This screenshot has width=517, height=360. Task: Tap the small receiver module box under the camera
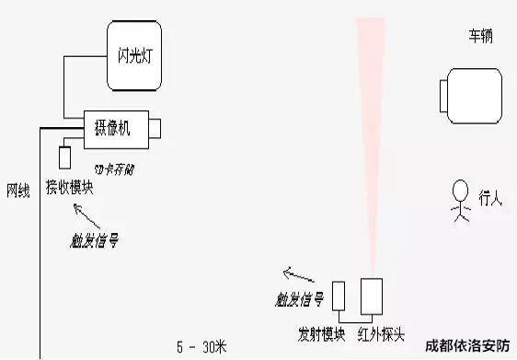click(66, 157)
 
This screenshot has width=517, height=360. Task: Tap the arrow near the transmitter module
click(297, 273)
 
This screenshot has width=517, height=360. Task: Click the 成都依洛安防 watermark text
click(467, 347)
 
